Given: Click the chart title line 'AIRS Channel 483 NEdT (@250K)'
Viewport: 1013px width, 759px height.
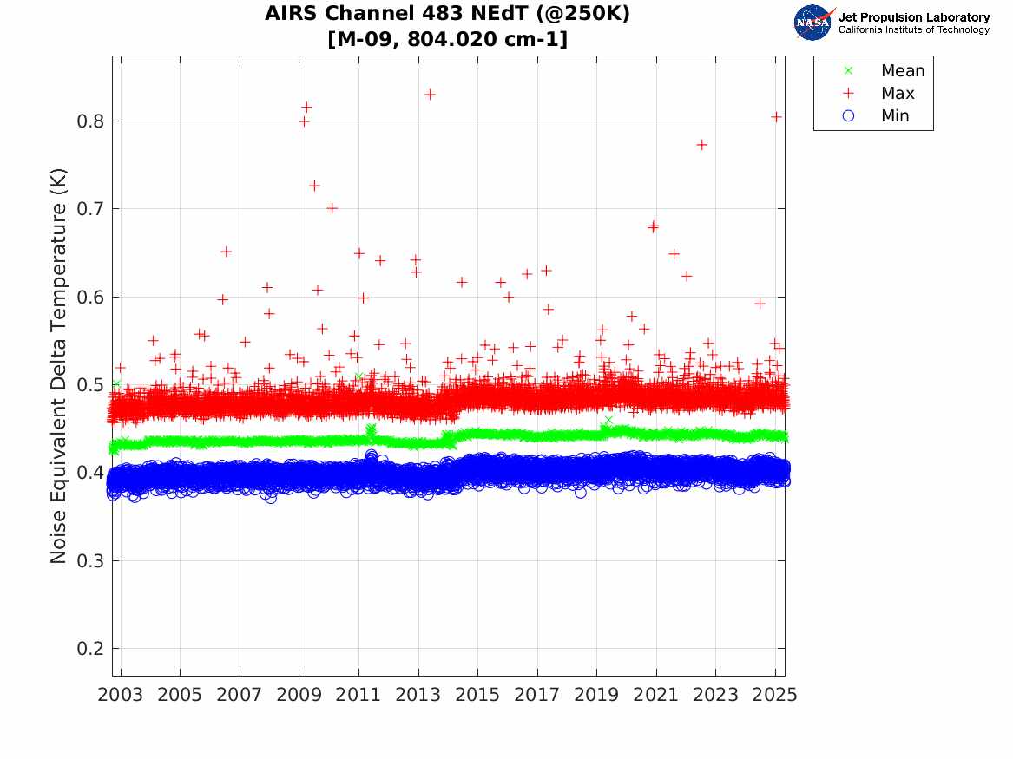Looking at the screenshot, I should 447,14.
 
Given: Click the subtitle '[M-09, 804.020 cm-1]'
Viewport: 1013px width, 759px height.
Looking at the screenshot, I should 447,39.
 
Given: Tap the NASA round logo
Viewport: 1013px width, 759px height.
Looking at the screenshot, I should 812,23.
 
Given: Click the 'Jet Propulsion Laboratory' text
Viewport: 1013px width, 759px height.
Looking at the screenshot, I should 913,17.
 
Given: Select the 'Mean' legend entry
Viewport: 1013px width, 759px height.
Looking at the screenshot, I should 902,71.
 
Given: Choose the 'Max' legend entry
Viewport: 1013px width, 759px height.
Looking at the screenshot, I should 897,94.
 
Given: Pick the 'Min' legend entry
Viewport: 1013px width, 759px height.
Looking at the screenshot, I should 895,116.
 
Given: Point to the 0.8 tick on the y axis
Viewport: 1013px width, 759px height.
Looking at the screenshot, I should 91,121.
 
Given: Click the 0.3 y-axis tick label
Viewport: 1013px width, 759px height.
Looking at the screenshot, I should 91,560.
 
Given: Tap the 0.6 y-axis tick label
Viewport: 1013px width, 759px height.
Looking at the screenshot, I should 91,297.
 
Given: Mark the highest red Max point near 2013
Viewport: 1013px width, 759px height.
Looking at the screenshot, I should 430,94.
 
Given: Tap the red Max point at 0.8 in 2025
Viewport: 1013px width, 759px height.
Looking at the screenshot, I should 776,117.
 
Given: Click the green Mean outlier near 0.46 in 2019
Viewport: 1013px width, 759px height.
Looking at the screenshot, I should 608,420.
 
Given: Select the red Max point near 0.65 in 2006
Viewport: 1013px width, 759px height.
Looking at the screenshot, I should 226,252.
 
